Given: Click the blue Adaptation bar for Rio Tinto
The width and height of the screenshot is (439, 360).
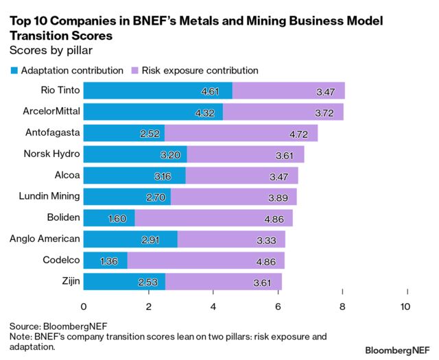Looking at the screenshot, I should click(x=158, y=91).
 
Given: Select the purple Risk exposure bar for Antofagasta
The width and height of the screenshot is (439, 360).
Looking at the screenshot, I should click(x=241, y=133).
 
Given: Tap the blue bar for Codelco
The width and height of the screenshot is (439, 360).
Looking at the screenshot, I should click(x=106, y=261).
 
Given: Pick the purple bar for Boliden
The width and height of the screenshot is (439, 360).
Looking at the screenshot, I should click(x=213, y=218).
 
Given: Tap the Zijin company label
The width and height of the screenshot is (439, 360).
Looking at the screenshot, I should click(x=67, y=280).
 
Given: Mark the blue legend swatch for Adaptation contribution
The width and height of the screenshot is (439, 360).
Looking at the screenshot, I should click(x=14, y=70).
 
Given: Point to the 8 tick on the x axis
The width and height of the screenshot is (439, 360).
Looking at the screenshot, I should click(x=343, y=307).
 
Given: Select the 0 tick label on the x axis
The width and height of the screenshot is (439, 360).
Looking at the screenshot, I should click(x=84, y=307).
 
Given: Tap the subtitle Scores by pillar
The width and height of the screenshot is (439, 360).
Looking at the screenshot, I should click(x=50, y=49).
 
